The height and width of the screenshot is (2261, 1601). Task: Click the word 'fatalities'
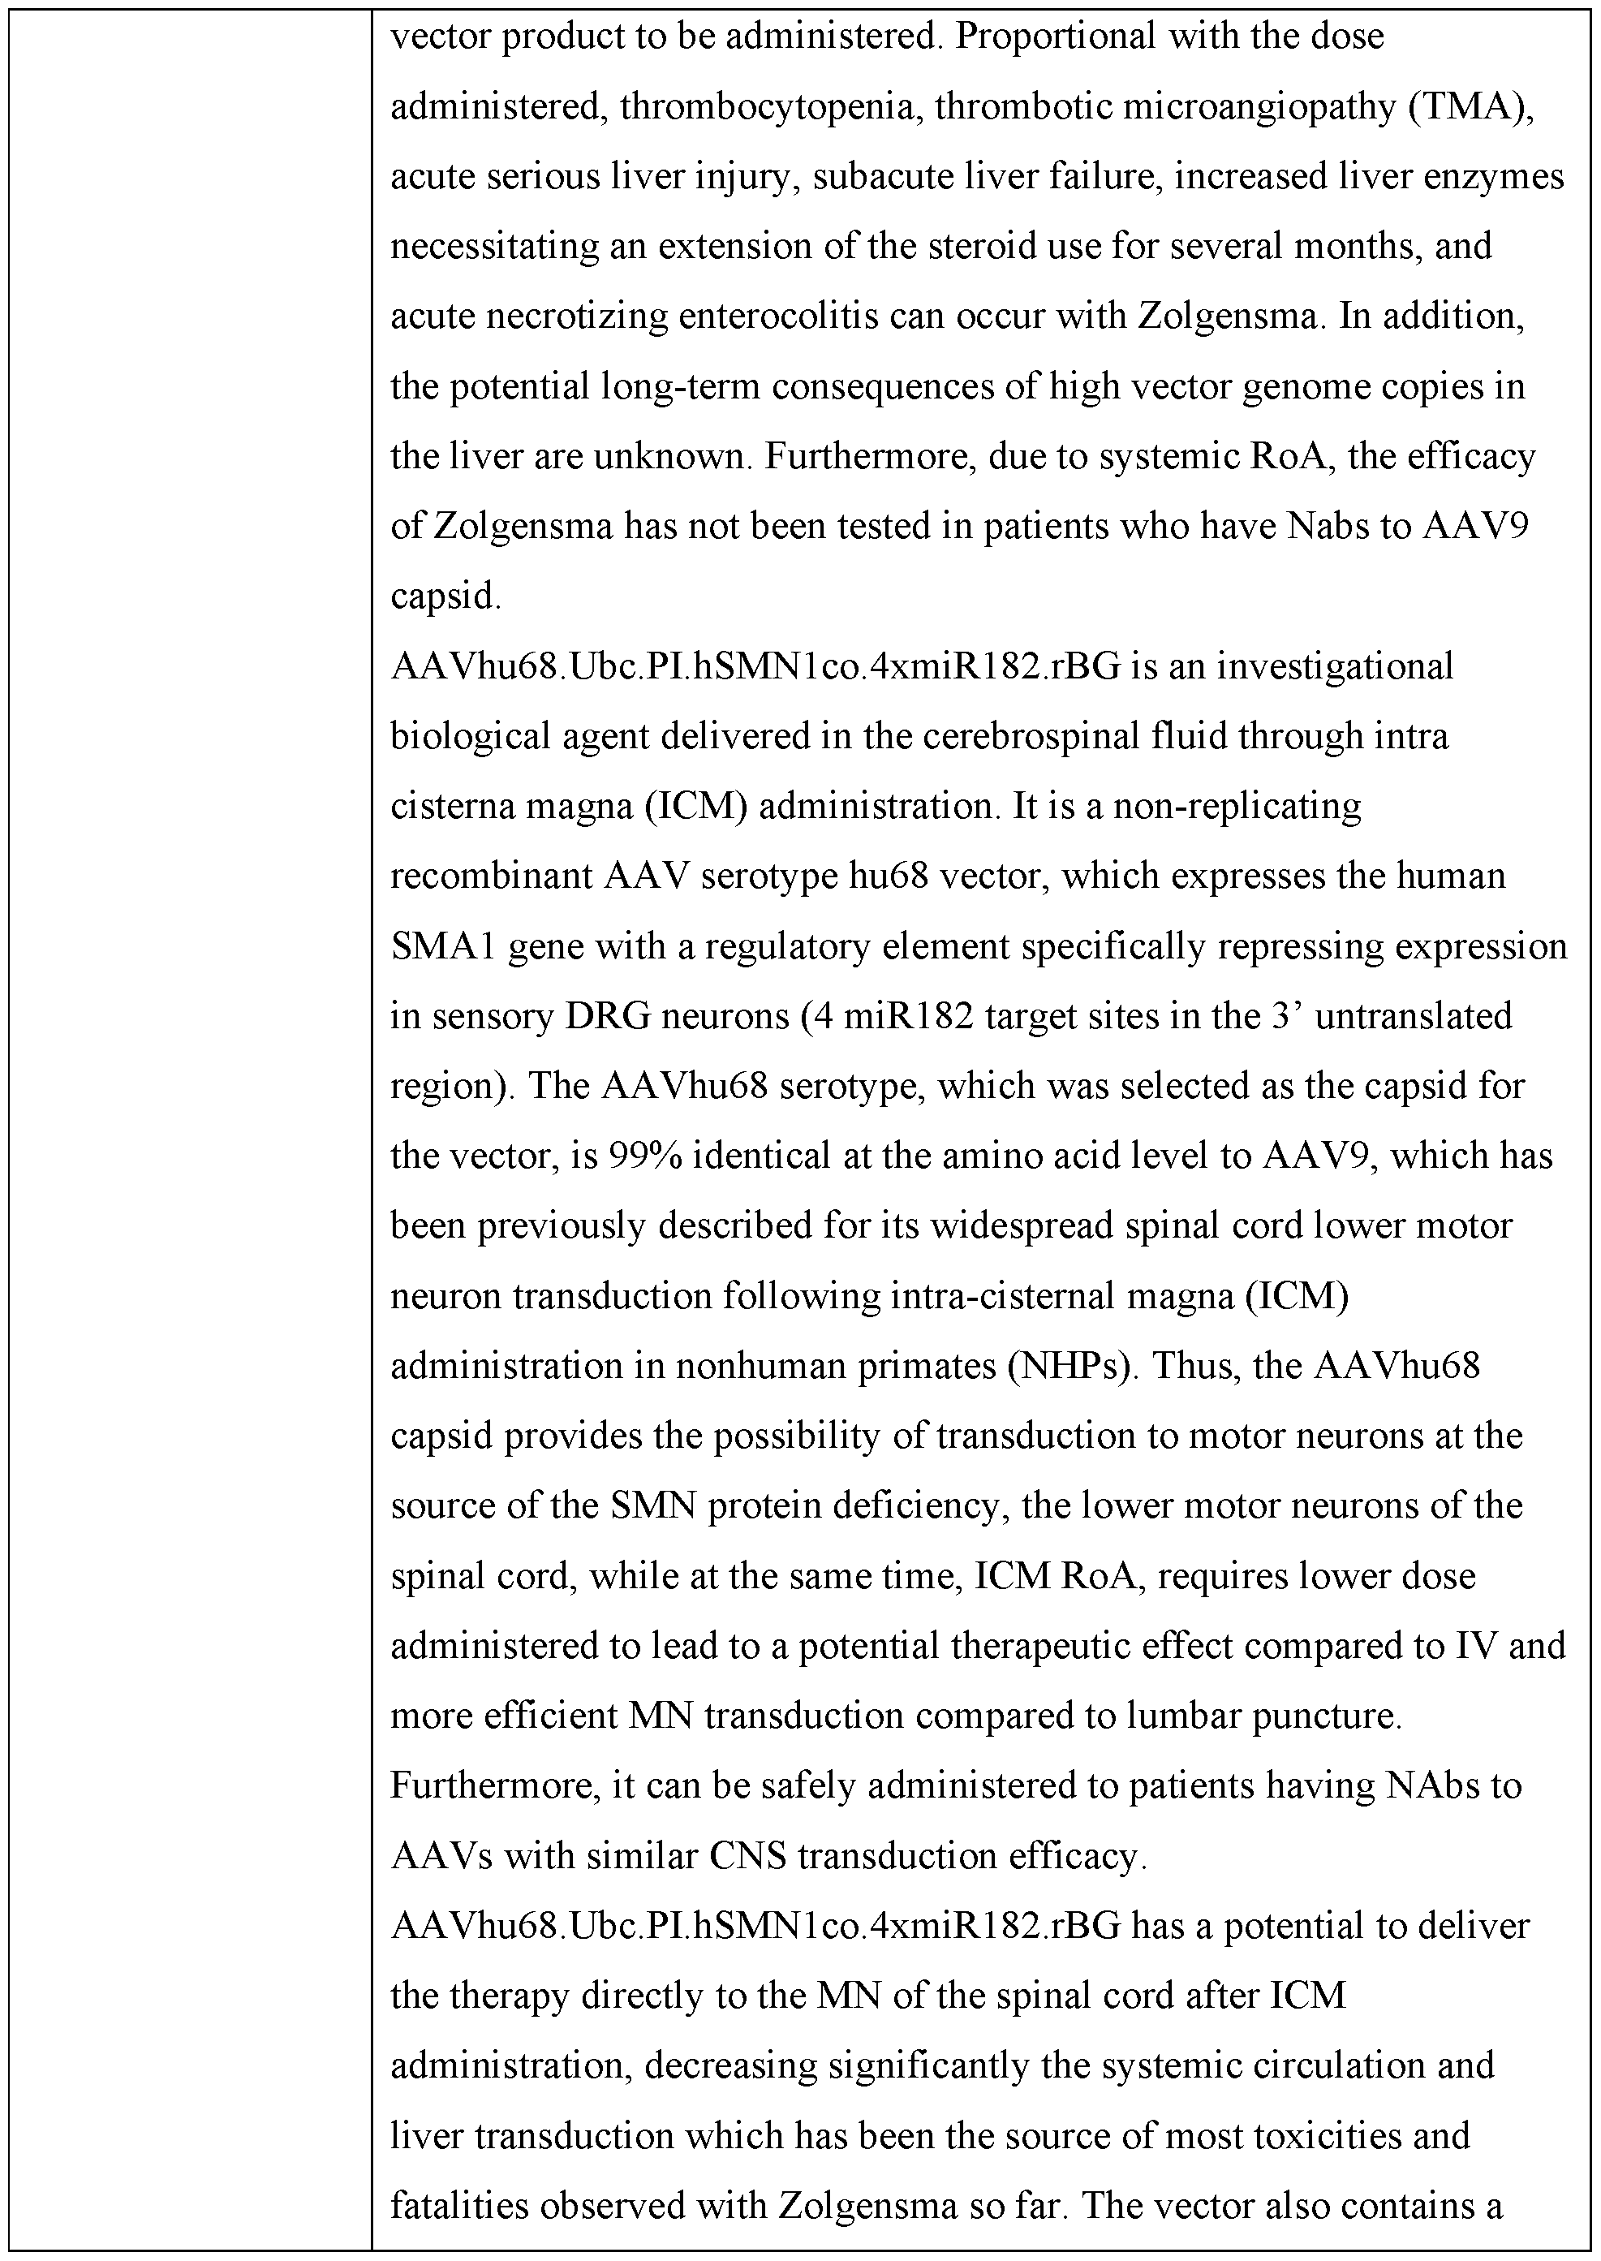(463, 2205)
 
